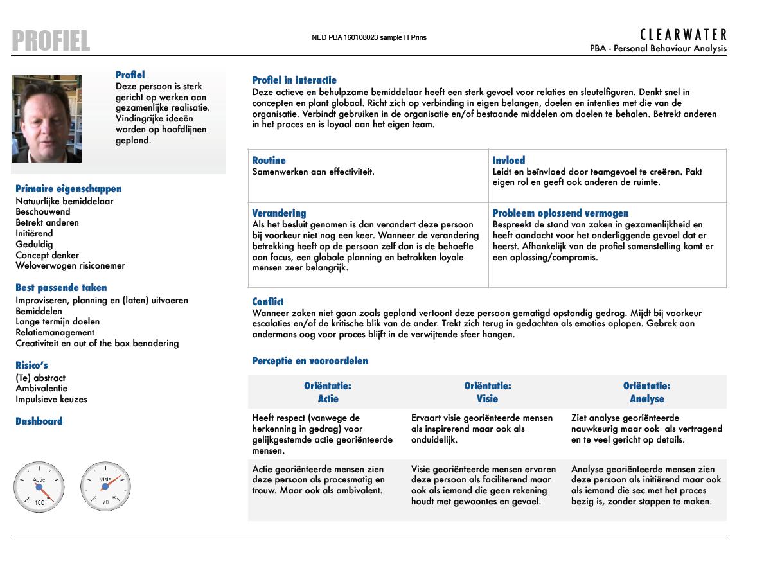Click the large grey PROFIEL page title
pos(51,41)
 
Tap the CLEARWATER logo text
pos(684,35)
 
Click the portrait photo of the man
pos(46,119)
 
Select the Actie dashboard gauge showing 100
pos(39,488)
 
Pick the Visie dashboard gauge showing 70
pos(105,488)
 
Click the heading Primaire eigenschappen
pos(68,189)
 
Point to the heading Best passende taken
pos(61,288)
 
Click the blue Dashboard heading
pos(39,421)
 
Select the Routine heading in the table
pos(269,161)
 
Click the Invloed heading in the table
pos(509,161)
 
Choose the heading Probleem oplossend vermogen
pos(560,213)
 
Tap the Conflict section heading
pos(267,302)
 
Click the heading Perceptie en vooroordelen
pos(310,361)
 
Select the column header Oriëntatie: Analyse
pos(646,393)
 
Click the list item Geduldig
pos(34,244)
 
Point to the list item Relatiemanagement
pos(55,332)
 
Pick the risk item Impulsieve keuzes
pos(51,399)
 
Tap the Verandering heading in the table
pos(279,213)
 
